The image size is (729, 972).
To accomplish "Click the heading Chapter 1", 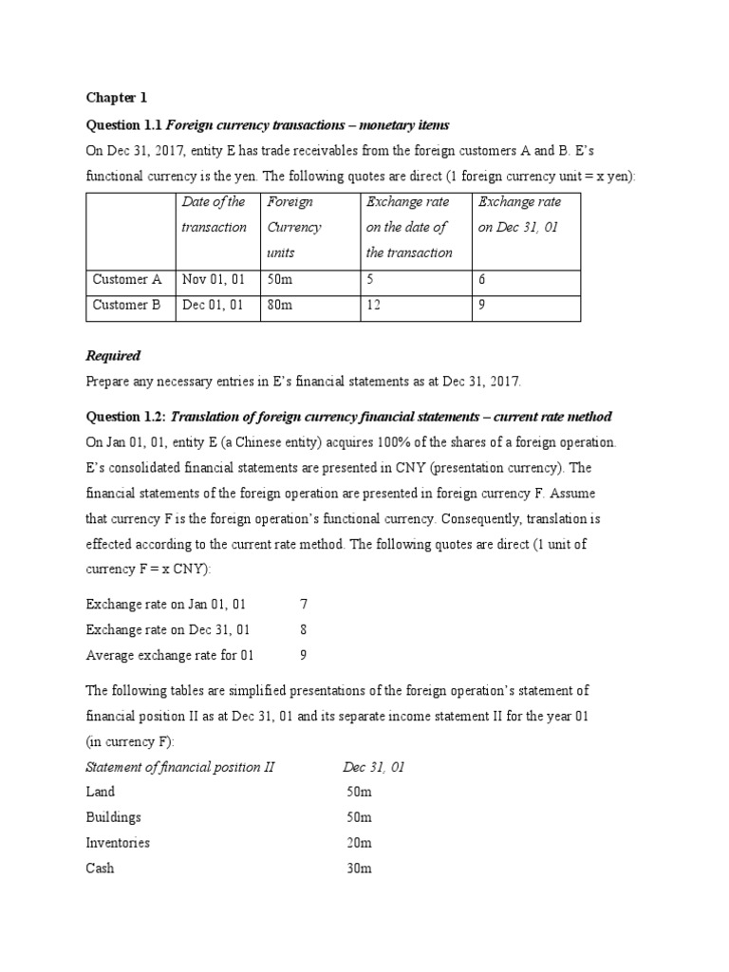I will tap(117, 98).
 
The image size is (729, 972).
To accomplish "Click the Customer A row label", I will tap(127, 280).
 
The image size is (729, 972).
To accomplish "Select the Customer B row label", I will tap(127, 306).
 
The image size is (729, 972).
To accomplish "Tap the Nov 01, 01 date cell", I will tap(214, 280).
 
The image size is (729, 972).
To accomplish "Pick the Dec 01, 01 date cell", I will tap(214, 306).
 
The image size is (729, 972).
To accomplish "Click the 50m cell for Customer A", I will tap(280, 280).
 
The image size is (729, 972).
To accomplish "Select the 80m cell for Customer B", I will tap(280, 306).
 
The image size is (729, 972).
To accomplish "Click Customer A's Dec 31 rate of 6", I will tap(482, 280).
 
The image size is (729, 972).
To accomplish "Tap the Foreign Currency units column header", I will tap(294, 227).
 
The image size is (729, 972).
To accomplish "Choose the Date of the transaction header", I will tap(215, 215).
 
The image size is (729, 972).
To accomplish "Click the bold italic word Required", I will tap(113, 356).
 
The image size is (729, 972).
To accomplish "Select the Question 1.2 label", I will tap(125, 417).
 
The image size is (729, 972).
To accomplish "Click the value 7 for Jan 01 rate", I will tap(303, 604).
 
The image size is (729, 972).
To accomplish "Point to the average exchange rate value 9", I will tap(303, 655).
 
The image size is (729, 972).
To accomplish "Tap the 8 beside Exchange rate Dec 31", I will tap(303, 629).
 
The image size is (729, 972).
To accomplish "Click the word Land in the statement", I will tap(101, 792).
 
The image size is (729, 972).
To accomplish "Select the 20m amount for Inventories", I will tap(361, 843).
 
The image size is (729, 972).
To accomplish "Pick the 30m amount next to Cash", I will tap(361, 869).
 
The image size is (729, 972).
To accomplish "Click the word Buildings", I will tap(113, 817).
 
